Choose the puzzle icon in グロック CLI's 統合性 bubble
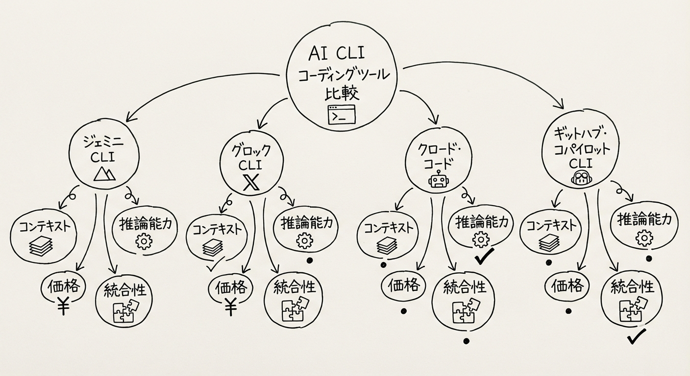(x=295, y=307)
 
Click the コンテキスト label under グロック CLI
(x=216, y=230)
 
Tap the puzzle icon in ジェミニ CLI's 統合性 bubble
(x=126, y=311)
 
